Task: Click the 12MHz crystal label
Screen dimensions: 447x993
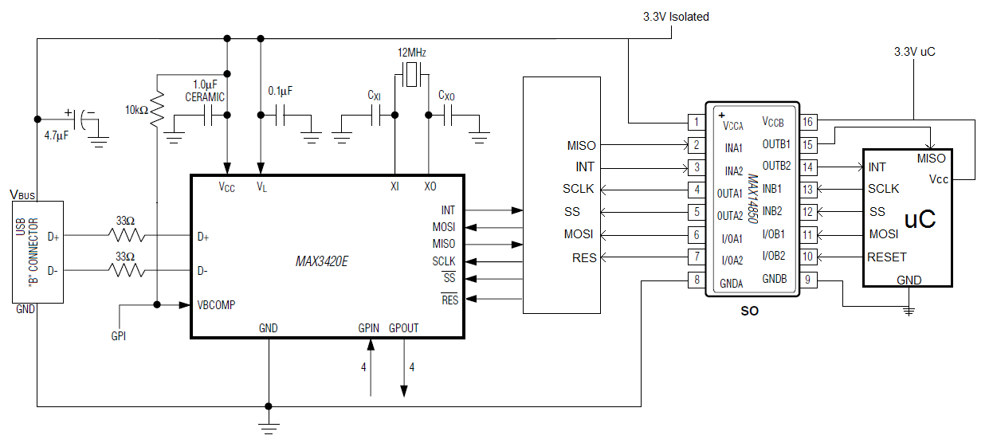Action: click(x=412, y=53)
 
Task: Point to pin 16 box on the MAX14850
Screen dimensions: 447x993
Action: click(x=808, y=122)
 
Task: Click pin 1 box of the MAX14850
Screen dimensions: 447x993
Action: click(x=696, y=123)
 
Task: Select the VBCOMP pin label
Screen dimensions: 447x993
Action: click(x=216, y=304)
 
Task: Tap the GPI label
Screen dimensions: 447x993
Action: click(x=118, y=336)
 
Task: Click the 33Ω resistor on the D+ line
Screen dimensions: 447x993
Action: click(x=128, y=236)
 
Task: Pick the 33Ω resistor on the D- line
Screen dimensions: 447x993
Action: click(x=128, y=271)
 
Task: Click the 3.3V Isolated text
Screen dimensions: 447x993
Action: click(x=676, y=17)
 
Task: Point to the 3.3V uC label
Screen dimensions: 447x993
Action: click(x=914, y=52)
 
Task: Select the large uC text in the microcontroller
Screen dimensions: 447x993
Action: click(x=920, y=219)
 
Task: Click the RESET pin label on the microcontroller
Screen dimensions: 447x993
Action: click(x=886, y=257)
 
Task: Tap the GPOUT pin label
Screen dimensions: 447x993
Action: click(x=403, y=328)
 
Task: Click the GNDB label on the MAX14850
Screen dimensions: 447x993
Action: click(x=775, y=279)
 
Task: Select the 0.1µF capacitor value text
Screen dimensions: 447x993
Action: click(x=280, y=91)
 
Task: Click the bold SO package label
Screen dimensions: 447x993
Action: click(x=750, y=311)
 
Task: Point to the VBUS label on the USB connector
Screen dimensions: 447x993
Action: click(x=22, y=194)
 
